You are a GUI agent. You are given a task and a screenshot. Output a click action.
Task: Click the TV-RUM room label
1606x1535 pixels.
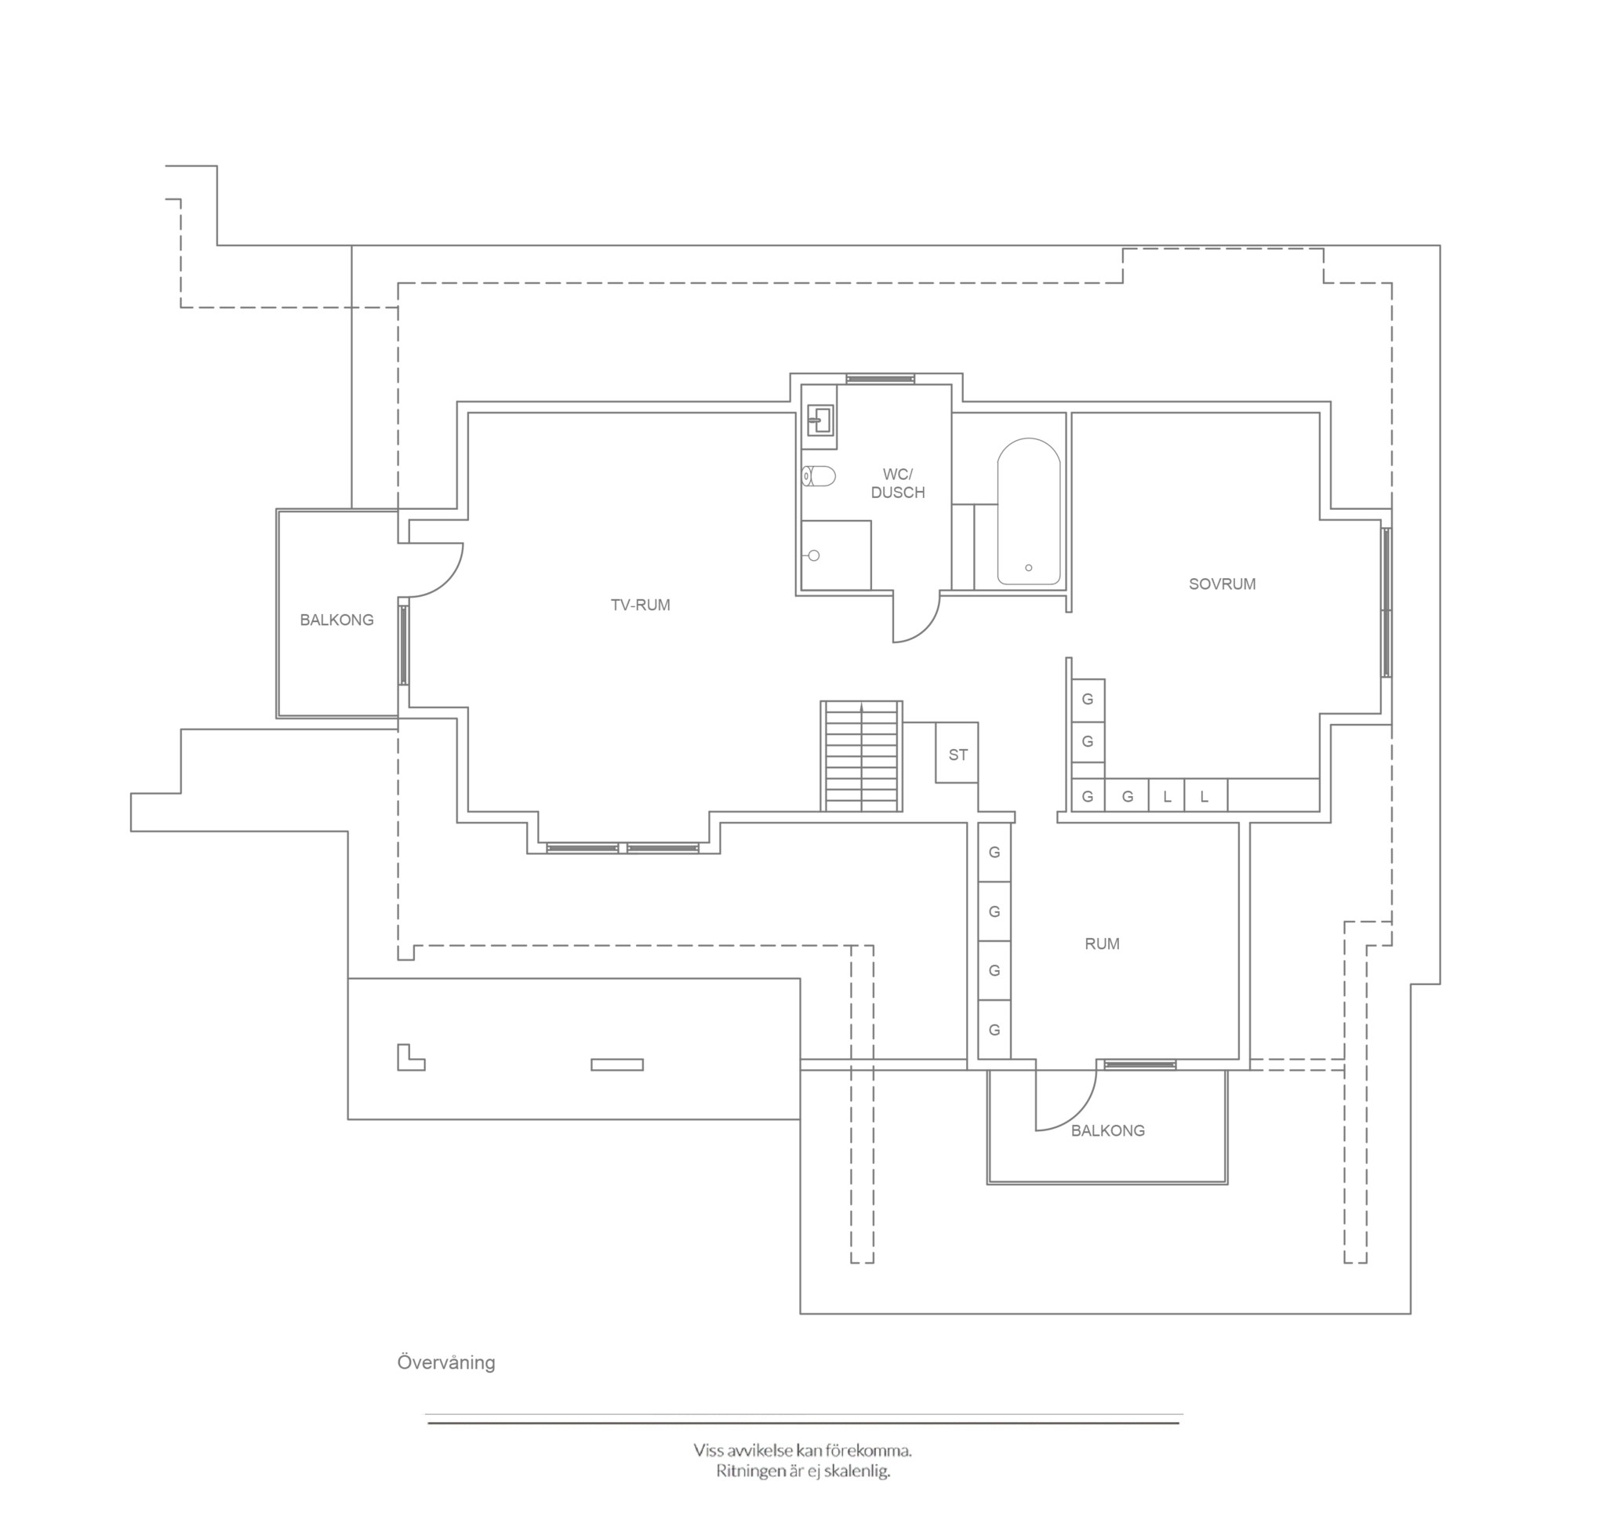(640, 605)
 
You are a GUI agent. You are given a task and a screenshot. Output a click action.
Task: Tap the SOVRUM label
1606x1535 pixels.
(1222, 584)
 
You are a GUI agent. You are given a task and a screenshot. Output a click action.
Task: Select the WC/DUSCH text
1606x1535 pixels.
(898, 482)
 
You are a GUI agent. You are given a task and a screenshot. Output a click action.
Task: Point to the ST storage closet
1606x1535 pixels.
(957, 753)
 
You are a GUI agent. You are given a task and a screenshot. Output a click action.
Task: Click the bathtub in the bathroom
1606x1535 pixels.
(1028, 511)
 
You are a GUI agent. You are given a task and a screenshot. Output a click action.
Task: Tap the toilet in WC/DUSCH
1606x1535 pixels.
(818, 476)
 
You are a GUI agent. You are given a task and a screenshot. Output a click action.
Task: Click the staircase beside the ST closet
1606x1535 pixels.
(862, 756)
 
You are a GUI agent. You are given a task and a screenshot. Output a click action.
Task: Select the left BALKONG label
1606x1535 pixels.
(336, 620)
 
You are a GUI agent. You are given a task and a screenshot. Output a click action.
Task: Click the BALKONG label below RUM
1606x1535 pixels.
(1108, 1130)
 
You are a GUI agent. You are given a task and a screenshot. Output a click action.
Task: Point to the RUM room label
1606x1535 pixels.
(1101, 944)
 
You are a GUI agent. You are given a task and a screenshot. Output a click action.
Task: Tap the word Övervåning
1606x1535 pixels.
(446, 1362)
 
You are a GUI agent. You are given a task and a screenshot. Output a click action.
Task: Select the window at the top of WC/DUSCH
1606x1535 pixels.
(881, 379)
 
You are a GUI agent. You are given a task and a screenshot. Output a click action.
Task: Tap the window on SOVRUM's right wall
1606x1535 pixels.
(1386, 602)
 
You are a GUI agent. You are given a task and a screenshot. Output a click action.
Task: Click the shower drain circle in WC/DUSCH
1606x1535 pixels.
(813, 555)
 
